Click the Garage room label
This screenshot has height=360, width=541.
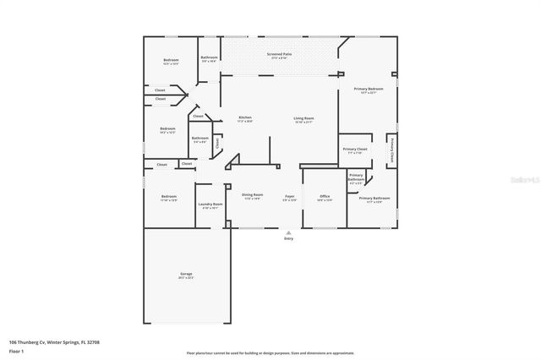tap(186, 275)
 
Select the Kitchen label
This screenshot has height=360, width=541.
tap(245, 117)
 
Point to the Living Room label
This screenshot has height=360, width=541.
tap(303, 117)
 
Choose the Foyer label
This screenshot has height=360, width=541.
tap(289, 195)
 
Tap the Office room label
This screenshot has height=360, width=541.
tap(325, 196)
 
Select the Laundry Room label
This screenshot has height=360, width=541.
tap(210, 204)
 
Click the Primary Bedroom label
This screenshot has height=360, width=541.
tap(368, 89)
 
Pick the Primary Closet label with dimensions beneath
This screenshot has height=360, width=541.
tap(355, 149)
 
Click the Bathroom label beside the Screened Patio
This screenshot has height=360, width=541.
tap(209, 57)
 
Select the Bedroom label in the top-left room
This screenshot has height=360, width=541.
tap(171, 60)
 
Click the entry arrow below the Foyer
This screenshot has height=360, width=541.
tap(289, 232)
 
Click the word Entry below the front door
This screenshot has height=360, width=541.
tap(289, 239)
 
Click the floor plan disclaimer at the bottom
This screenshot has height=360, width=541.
tap(270, 352)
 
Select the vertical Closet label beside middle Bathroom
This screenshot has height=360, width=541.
tap(217, 144)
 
